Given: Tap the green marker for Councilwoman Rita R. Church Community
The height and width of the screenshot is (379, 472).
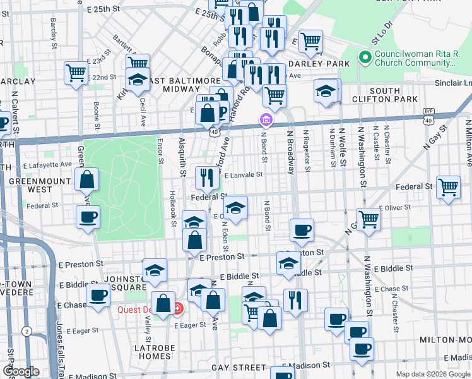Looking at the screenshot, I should pyautogui.click(x=364, y=58).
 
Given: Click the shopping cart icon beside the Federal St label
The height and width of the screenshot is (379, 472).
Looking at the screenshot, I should pyautogui.click(x=448, y=187).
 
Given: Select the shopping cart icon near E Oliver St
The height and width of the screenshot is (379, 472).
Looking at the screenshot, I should pyautogui.click(x=369, y=219).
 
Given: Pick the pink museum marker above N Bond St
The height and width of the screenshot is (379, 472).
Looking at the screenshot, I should pyautogui.click(x=266, y=119).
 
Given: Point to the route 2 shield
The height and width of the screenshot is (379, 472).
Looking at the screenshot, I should pyautogui.click(x=27, y=330).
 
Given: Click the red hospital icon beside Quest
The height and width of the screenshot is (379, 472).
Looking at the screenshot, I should pyautogui.click(x=178, y=309).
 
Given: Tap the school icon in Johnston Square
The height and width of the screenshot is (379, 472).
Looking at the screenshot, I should pyautogui.click(x=155, y=270).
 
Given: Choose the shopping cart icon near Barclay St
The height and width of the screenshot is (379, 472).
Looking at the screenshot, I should pyautogui.click(x=75, y=73).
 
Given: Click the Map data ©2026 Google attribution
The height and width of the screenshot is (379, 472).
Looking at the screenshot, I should pyautogui.click(x=433, y=374).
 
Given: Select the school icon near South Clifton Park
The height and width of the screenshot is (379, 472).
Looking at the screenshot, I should pyautogui.click(x=325, y=91).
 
